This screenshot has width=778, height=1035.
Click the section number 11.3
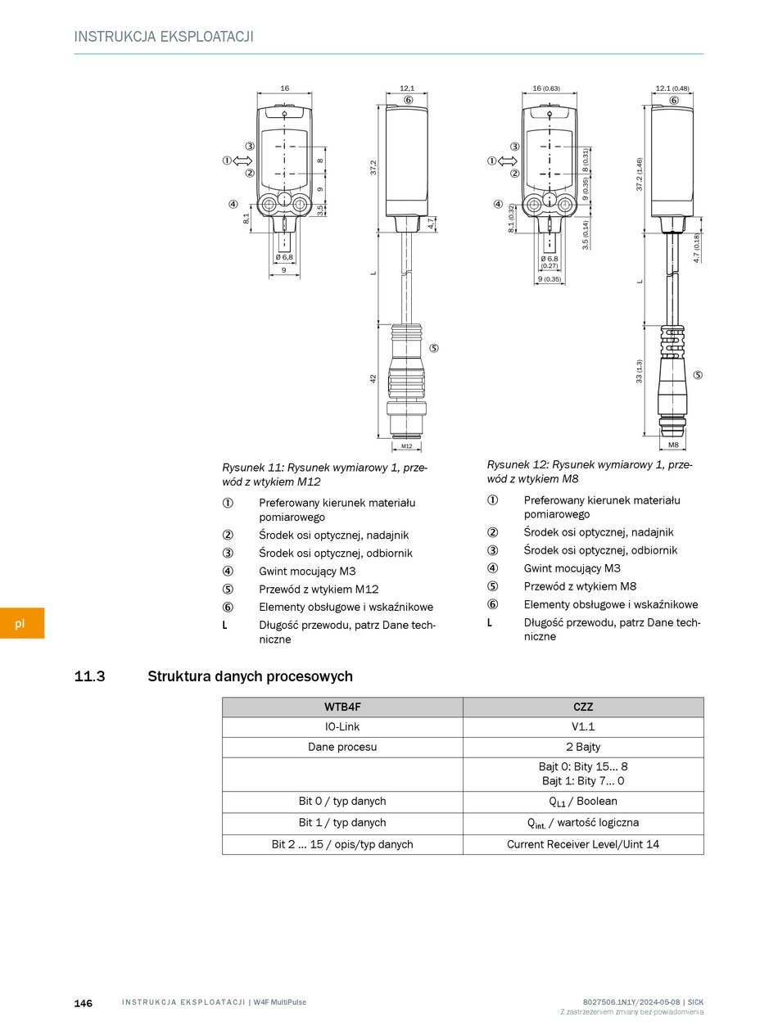click(x=89, y=676)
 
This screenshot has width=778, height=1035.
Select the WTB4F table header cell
click(x=342, y=707)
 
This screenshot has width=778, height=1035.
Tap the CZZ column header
click(x=583, y=707)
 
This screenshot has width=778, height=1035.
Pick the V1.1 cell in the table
click(x=583, y=727)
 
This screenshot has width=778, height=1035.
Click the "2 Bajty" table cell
click(x=583, y=747)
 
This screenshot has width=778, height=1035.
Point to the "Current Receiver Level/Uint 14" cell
click(x=583, y=844)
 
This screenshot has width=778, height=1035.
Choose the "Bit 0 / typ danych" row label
click(x=342, y=802)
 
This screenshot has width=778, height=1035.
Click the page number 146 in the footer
click(x=84, y=1003)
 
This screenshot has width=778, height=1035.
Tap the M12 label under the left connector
click(x=407, y=446)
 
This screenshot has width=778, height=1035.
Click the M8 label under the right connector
click(x=673, y=445)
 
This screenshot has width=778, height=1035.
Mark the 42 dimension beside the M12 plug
click(x=373, y=379)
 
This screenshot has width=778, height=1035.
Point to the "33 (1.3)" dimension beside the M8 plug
click(x=640, y=371)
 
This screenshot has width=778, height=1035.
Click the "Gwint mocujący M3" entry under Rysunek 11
click(x=307, y=572)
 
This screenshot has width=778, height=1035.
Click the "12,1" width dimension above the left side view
click(x=407, y=88)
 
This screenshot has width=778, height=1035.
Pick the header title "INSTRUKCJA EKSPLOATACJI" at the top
click(x=164, y=37)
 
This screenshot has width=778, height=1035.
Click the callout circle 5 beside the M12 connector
click(x=433, y=348)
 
